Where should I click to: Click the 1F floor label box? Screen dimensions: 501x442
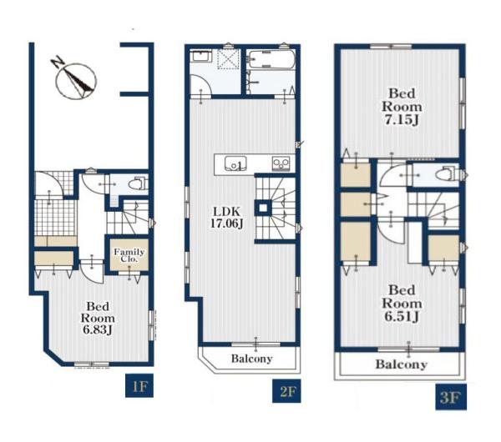[x=139, y=385]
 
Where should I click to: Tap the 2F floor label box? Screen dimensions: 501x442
[x=286, y=390]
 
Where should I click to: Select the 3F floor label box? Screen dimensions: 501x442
[x=451, y=397]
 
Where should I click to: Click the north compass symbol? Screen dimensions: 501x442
[x=76, y=81]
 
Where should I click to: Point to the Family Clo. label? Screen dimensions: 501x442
[x=129, y=255]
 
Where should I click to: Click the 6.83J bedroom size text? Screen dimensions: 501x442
[x=98, y=329]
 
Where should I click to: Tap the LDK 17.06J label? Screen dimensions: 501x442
[x=226, y=217]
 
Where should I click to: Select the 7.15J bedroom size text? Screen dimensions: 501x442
[x=402, y=120]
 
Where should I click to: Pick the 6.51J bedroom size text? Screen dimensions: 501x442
[x=402, y=316]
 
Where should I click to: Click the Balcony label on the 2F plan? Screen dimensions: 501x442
[x=252, y=359]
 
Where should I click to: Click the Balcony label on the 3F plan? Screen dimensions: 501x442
[x=402, y=364]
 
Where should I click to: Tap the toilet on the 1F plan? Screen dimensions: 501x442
[x=138, y=183]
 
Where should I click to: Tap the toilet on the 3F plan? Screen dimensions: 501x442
[x=447, y=175]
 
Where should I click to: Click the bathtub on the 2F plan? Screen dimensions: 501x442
[x=271, y=59]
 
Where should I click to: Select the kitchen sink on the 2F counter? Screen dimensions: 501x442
[x=235, y=163]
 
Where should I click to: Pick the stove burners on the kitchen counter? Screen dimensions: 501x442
[x=281, y=163]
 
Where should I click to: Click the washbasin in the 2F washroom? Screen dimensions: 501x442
[x=200, y=57]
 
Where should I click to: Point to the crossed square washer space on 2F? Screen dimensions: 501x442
[x=228, y=58]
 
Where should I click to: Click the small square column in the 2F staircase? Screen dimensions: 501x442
[x=263, y=208]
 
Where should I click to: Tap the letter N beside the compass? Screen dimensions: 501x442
[x=58, y=63]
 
